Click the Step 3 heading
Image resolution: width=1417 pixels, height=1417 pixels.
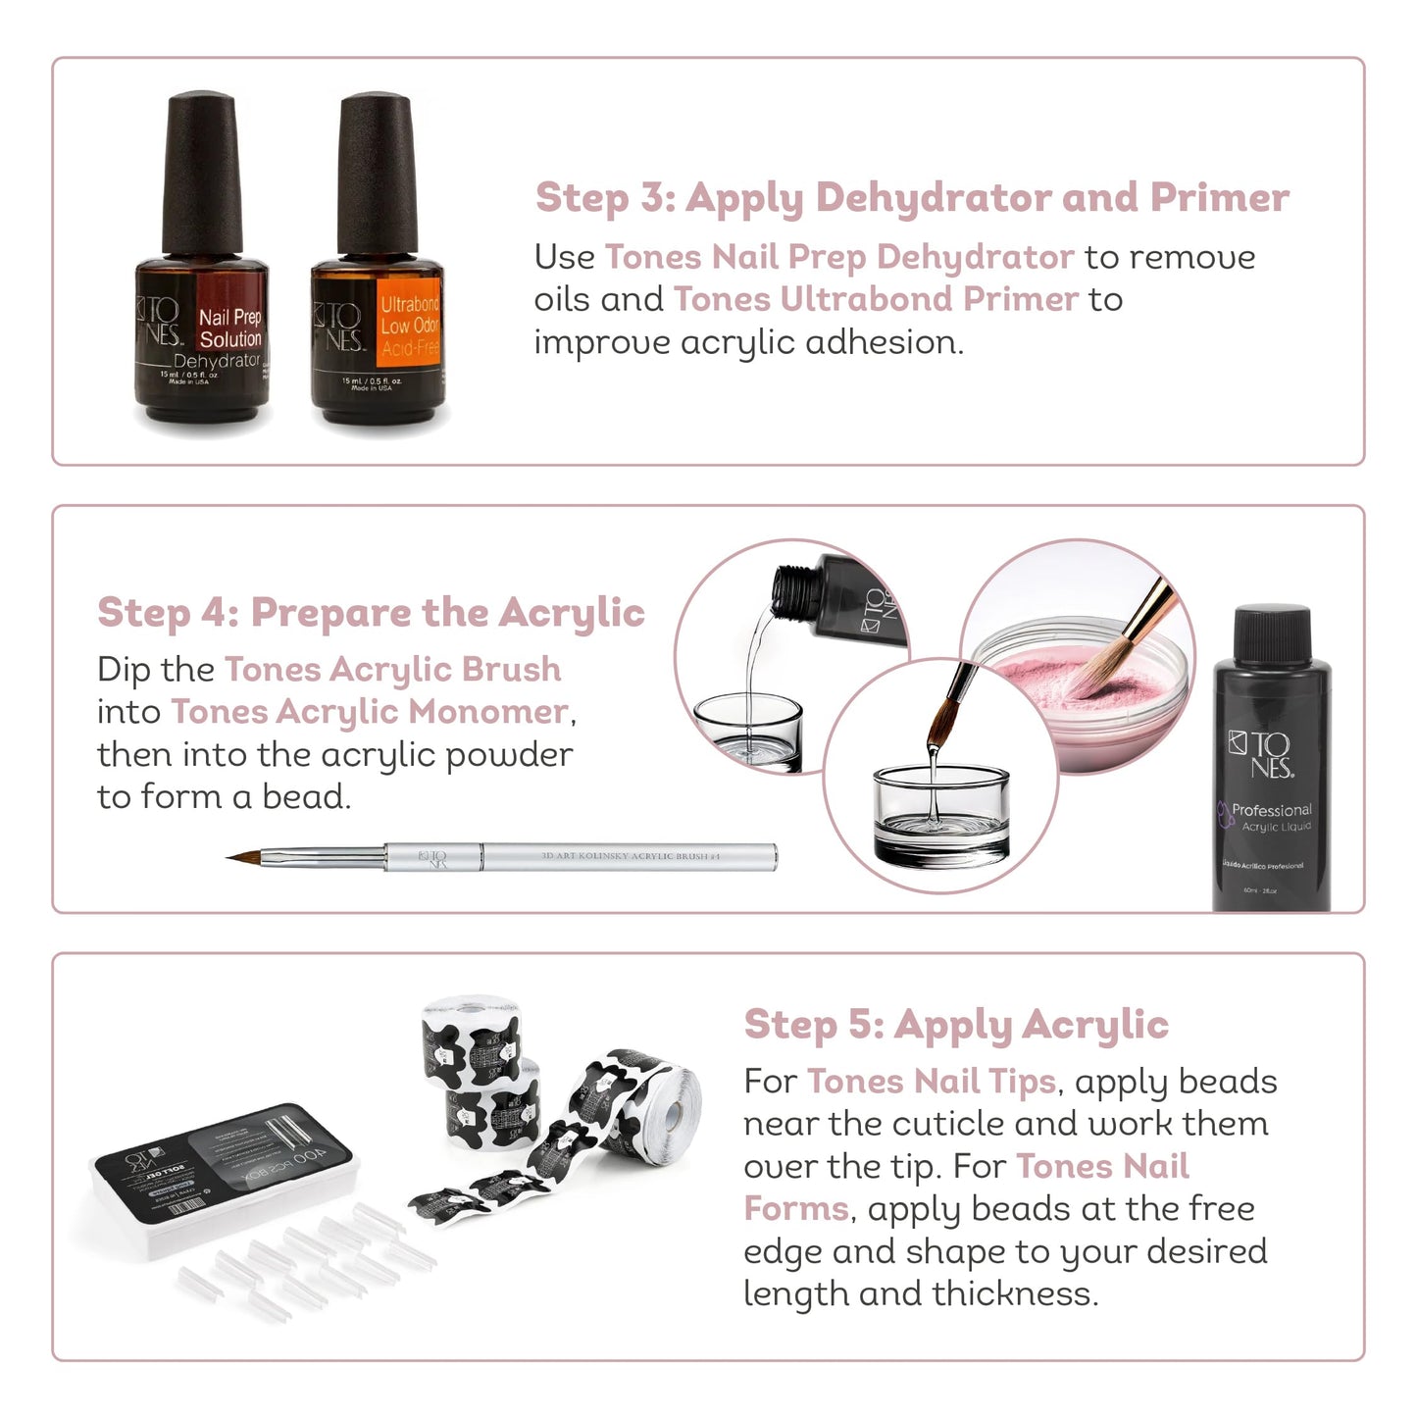pos(911,198)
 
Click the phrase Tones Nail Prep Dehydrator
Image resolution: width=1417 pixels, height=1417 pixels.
pos(838,257)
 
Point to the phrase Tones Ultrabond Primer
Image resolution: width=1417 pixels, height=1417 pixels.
pos(875,299)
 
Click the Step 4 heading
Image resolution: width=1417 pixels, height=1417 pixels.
pos(371,613)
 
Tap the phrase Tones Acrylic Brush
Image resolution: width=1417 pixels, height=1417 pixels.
pos(392,670)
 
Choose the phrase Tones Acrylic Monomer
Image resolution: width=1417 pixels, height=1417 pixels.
pos(369,712)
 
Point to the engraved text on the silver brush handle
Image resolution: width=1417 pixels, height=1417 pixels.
pos(630,856)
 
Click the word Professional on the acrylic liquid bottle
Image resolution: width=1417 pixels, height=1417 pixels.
pos(1271,810)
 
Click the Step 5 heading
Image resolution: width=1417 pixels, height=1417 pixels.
pos(956,1025)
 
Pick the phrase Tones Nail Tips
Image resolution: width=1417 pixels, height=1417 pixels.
pos(931,1082)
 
